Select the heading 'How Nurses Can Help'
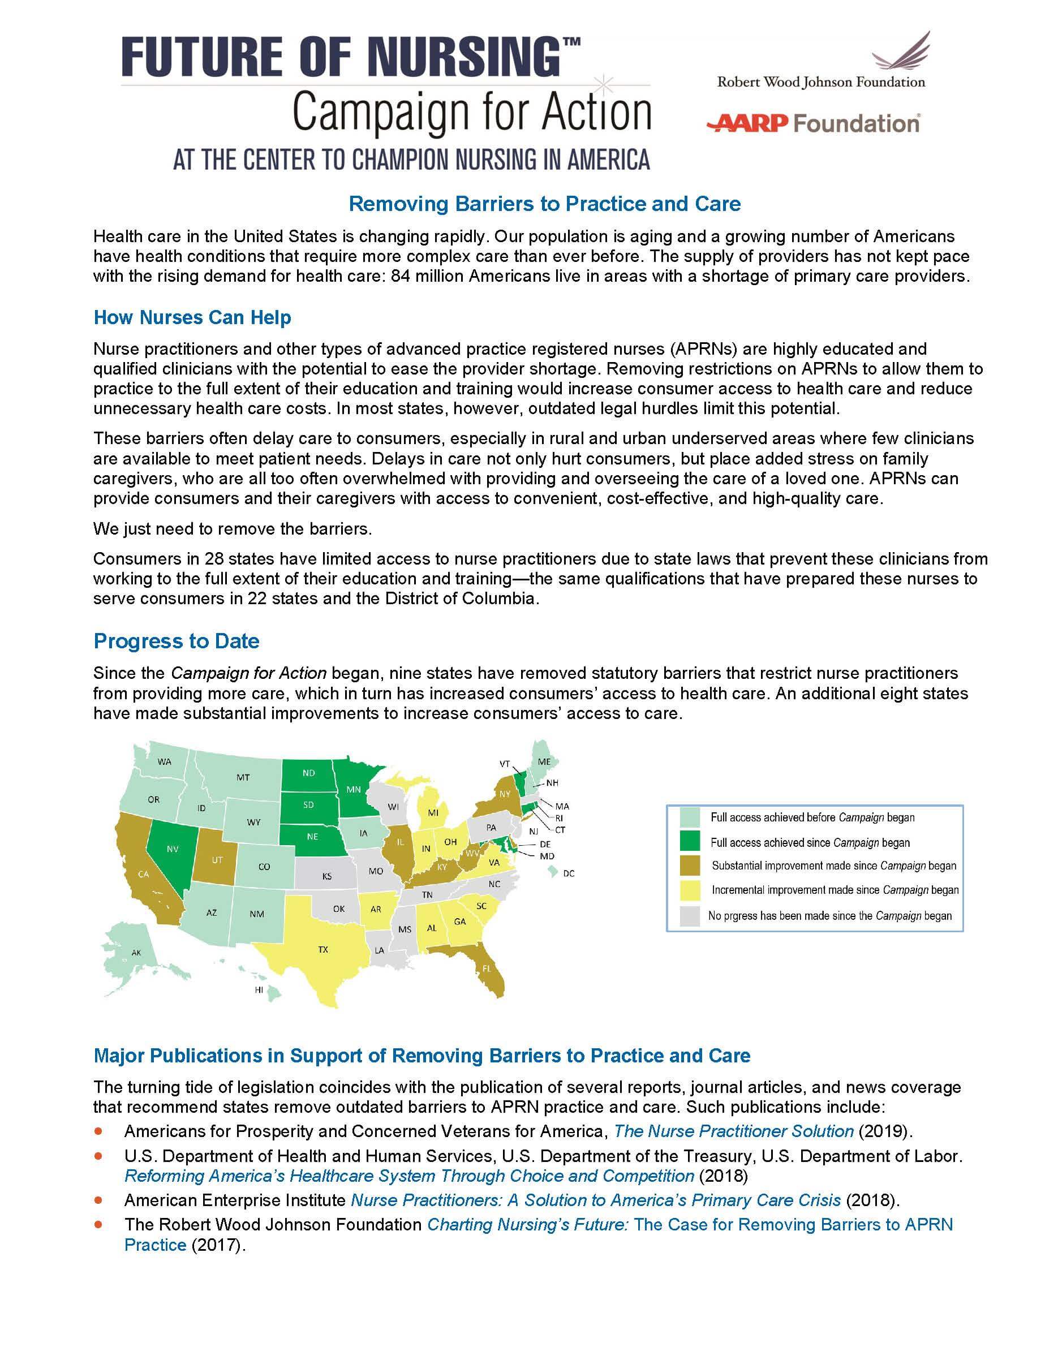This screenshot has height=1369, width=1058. pos(192,317)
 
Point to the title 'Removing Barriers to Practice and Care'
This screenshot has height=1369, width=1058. pos(544,204)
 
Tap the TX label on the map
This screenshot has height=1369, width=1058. pos(323,950)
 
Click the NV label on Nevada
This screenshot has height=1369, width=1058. pos(173,849)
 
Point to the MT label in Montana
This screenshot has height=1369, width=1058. pos(243,777)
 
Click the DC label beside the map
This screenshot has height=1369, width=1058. pos(569,873)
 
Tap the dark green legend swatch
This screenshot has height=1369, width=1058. pos(690,842)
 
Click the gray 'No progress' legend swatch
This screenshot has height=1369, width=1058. pos(690,916)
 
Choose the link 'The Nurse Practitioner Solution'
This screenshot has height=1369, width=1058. pos(733,1131)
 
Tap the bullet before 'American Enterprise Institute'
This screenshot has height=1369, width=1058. pos(98,1200)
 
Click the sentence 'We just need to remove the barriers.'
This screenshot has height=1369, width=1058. pos(233,528)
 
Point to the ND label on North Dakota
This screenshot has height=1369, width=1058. pos(308,773)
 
